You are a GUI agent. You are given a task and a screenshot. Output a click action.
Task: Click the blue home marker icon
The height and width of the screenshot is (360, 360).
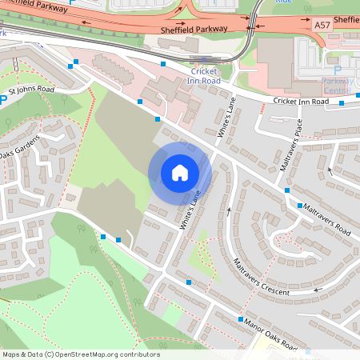pyautogui.click(x=179, y=172)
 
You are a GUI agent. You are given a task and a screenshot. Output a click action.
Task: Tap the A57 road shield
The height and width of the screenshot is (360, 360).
pyautogui.click(x=322, y=26)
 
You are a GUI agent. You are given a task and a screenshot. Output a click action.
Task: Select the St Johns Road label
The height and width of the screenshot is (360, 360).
pyautogui.click(x=32, y=90)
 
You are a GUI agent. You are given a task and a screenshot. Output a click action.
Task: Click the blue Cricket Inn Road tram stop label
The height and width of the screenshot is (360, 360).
pyautogui.click(x=199, y=76)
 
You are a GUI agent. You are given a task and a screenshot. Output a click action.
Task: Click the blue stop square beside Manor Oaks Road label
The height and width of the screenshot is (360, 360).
pyautogui.click(x=240, y=319)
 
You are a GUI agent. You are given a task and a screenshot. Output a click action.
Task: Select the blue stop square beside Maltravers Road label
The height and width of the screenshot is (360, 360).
pyautogui.click(x=287, y=191)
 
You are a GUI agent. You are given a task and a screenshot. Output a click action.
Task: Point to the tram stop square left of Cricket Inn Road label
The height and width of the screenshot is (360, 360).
pyautogui.click(x=163, y=64)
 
